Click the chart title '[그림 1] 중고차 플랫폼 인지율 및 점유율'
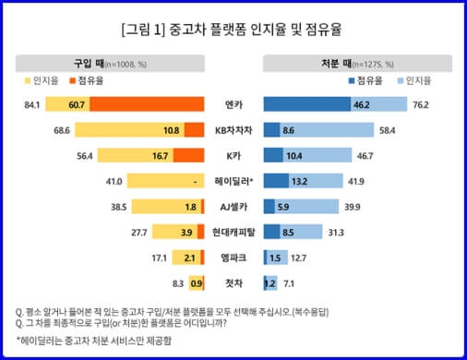[233, 29]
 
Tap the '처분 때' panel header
[358, 64]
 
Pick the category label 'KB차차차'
[234, 130]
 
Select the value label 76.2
[423, 105]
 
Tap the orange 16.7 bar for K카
[188, 155]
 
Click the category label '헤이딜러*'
[234, 181]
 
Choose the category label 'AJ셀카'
[234, 206]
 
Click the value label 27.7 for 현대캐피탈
[114, 231]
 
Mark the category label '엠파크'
[234, 257]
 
